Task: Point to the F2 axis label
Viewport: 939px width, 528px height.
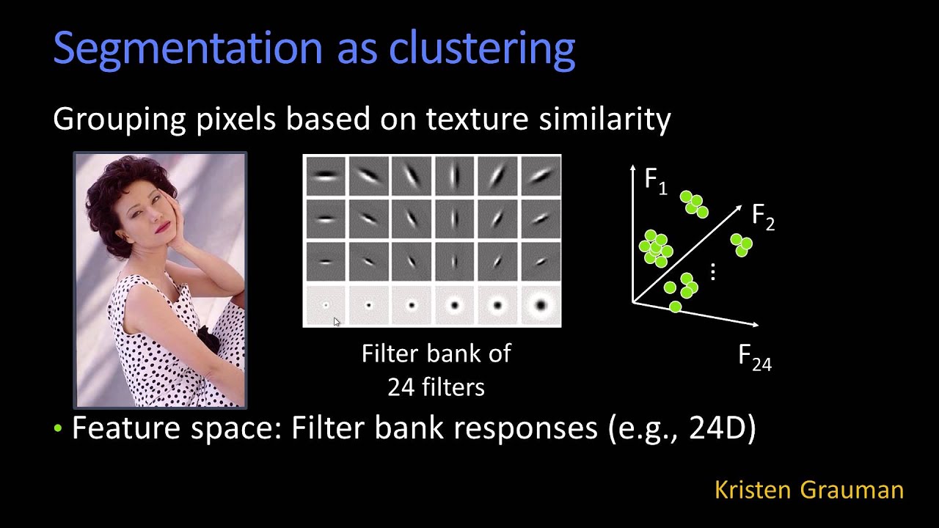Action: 763,217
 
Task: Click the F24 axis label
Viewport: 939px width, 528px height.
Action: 755,358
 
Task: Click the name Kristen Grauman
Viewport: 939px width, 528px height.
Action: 808,490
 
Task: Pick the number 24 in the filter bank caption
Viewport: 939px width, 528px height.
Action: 401,386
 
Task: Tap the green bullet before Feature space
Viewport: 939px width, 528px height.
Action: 59,429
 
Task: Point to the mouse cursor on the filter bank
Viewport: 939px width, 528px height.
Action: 336,321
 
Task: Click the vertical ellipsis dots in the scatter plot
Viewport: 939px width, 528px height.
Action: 712,272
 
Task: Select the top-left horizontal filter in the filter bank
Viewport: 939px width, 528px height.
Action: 325,175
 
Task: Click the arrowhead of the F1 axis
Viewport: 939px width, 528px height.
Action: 632,170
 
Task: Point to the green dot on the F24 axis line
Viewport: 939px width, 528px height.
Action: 675,307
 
